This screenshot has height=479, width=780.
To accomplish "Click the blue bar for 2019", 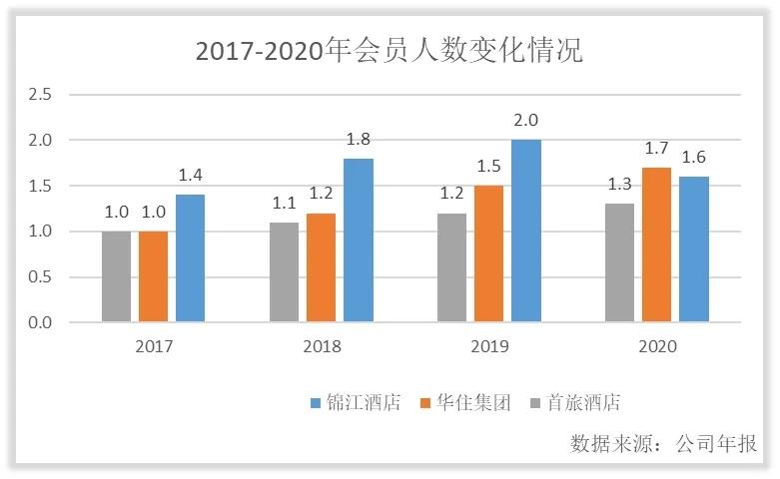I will [526, 231].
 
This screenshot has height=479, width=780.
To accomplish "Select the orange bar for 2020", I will [656, 244].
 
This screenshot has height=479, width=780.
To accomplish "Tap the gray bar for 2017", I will [116, 276].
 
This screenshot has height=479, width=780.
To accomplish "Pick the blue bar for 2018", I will [359, 239].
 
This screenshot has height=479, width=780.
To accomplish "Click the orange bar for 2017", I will [153, 276].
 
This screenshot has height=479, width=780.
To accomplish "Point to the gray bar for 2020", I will [619, 262].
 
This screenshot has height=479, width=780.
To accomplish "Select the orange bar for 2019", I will [489, 253].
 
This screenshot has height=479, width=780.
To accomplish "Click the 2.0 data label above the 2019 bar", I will [526, 121].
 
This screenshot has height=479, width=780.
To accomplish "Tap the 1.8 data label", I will [359, 139].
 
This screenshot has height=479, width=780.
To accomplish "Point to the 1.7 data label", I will [656, 149].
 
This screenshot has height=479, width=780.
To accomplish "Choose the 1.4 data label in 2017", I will [190, 176].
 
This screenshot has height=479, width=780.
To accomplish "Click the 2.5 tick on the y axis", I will [40, 95].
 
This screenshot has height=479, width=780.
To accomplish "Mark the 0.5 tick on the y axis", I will [40, 277].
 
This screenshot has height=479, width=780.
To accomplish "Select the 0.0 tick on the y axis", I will [40, 323].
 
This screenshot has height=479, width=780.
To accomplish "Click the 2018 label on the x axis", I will [322, 346].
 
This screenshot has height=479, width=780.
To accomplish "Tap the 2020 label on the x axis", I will [657, 346].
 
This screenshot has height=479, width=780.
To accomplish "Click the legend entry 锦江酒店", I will [355, 403].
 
